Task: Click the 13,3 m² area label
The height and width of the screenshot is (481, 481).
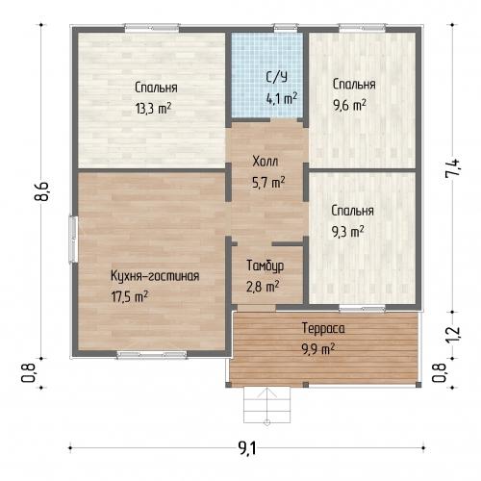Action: pyautogui.click(x=153, y=109)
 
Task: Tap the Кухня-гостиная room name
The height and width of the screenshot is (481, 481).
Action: pyautogui.click(x=155, y=276)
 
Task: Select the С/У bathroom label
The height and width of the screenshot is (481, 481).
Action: pyautogui.click(x=277, y=77)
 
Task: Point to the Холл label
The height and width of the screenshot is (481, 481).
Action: pyautogui.click(x=265, y=162)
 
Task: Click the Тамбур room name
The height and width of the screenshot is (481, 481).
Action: pyautogui.click(x=265, y=266)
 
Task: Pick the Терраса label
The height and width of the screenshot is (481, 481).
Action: pyautogui.click(x=323, y=328)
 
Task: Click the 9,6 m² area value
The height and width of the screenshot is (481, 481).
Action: pyautogui.click(x=349, y=105)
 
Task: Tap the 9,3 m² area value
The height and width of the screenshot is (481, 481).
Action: pyautogui.click(x=347, y=232)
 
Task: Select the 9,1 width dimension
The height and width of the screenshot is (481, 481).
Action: pyautogui.click(x=247, y=448)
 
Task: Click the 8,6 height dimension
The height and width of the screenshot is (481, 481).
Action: pyautogui.click(x=41, y=191)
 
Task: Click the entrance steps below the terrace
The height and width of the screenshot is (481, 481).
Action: pyautogui.click(x=267, y=405)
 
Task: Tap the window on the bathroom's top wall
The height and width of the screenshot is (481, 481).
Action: pyautogui.click(x=286, y=28)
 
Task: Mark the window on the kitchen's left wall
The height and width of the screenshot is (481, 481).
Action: pyautogui.click(x=73, y=240)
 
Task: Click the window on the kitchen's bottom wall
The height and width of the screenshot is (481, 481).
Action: pyautogui.click(x=152, y=355)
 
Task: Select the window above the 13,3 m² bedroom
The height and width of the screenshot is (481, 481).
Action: pyautogui.click(x=152, y=28)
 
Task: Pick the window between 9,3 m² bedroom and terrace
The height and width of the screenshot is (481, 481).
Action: pyautogui.click(x=363, y=309)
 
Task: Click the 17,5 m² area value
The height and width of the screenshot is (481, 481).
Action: pyautogui.click(x=130, y=297)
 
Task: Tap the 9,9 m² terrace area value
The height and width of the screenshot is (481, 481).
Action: pyautogui.click(x=317, y=349)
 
